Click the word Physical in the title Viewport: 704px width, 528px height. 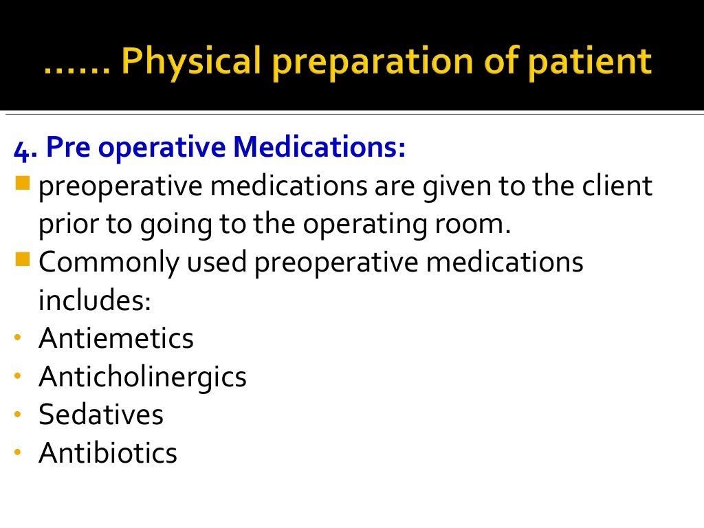pos(190,62)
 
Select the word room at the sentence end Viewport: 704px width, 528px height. pos(480,225)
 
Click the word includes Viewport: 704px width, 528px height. pos(94,301)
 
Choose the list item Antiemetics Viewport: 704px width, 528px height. pos(116,338)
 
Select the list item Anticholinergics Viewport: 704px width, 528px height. pos(142,377)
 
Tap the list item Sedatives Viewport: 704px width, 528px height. pos(101,415)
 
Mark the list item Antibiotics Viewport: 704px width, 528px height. pos(108,452)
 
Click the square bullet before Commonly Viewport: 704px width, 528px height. pos(23,260)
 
